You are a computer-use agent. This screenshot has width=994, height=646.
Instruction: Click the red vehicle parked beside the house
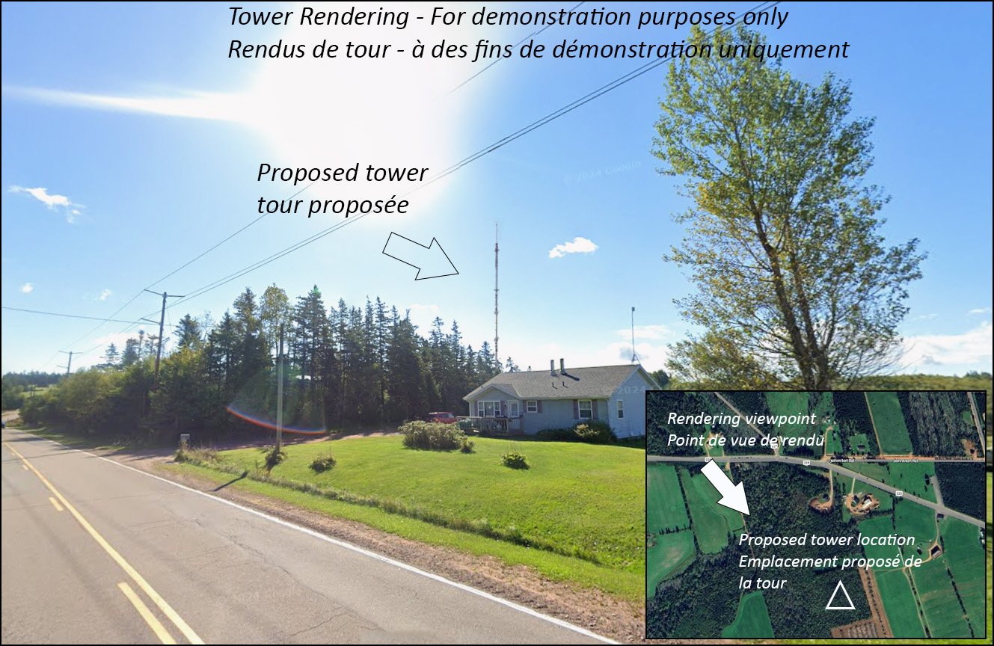(441, 417)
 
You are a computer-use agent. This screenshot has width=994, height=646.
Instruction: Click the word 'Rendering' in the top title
(354, 17)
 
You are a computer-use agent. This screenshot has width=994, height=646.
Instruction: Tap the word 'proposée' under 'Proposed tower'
(358, 206)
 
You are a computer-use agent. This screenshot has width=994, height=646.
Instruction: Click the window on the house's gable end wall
(620, 409)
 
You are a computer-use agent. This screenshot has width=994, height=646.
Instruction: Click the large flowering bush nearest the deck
(432, 434)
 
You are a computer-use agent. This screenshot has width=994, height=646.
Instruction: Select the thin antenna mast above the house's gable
(634, 335)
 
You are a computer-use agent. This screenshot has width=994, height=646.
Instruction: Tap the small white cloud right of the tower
(572, 247)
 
